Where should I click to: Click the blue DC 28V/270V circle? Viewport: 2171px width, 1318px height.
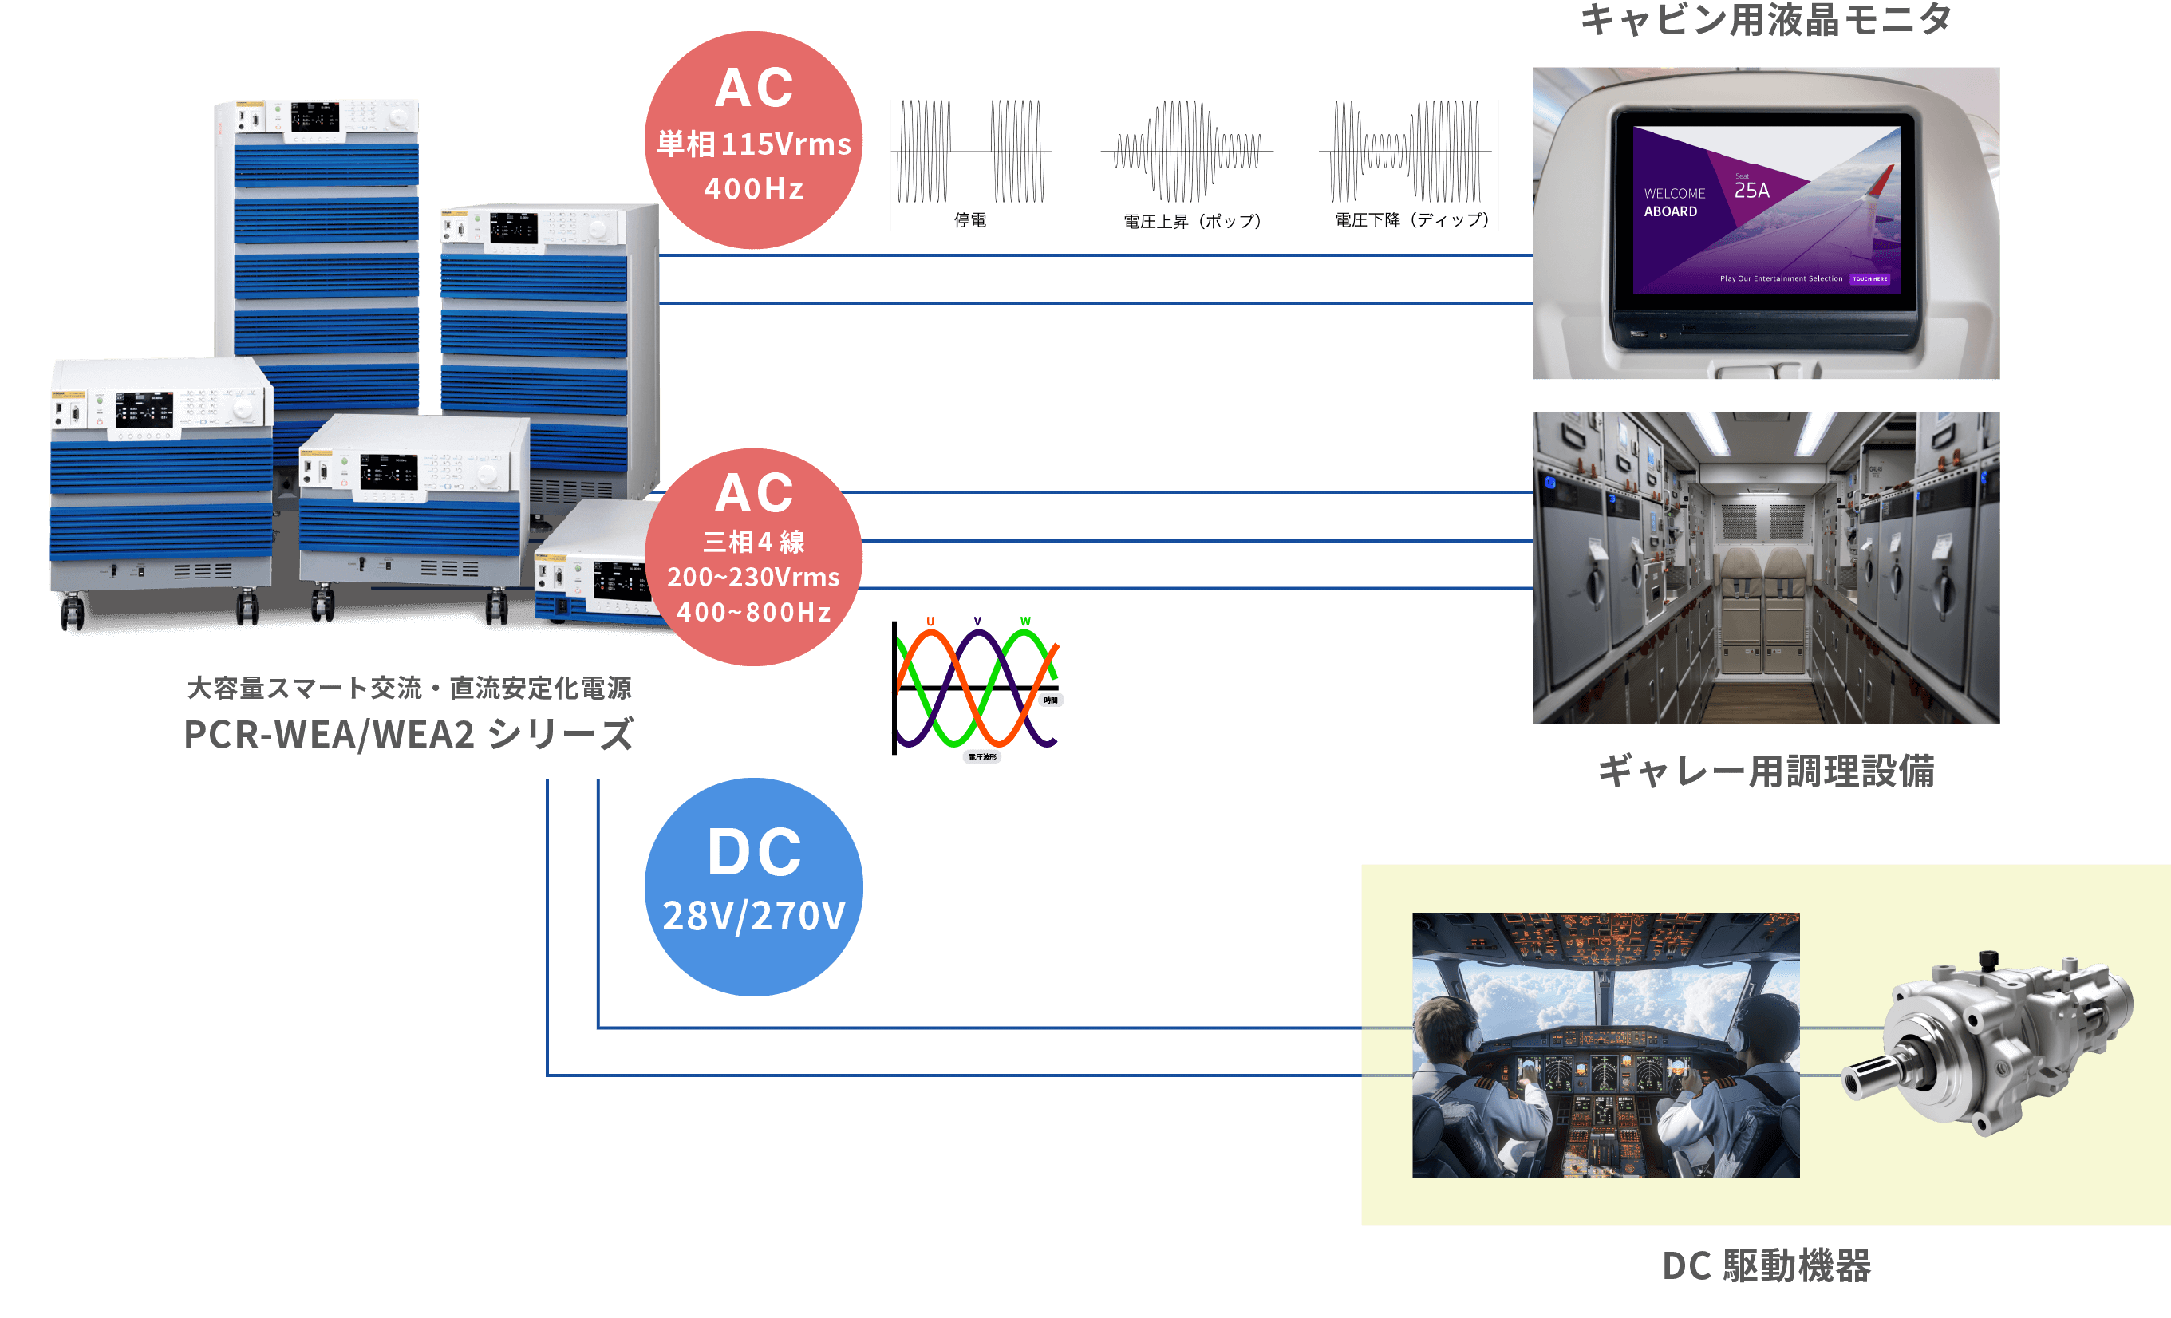753,886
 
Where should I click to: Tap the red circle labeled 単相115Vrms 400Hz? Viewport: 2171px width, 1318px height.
753,141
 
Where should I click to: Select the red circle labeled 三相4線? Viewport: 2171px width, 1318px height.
753,557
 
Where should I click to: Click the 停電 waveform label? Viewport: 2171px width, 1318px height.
970,219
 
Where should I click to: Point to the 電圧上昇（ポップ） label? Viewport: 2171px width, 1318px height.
1192,220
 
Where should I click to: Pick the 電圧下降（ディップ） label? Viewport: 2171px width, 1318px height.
1411,219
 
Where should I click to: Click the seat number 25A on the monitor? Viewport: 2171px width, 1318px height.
1751,191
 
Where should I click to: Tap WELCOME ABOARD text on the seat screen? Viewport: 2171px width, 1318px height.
1673,202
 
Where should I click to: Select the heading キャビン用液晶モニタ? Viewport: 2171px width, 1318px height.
1766,19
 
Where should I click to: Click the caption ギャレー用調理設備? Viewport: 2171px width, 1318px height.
1766,771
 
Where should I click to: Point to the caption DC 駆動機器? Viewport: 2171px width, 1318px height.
1766,1265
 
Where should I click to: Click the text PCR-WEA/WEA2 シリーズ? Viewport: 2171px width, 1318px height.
409,734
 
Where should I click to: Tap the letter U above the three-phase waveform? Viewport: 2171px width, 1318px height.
930,622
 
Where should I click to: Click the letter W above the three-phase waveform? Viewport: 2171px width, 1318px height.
1025,622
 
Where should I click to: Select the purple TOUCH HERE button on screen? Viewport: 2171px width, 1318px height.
1869,279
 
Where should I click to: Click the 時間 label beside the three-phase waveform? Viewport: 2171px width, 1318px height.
1050,700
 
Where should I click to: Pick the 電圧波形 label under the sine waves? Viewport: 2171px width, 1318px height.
981,757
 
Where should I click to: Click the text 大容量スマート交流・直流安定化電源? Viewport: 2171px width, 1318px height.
409,688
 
